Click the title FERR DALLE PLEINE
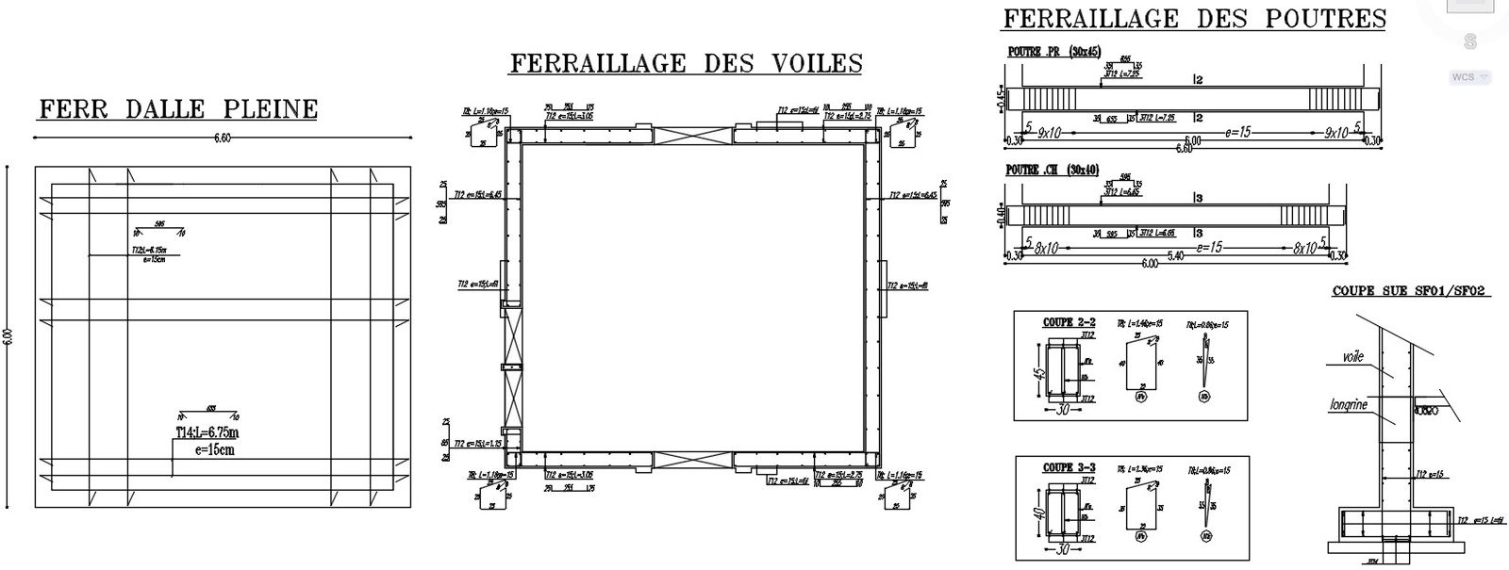pos(177,110)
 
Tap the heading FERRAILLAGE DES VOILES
pos(686,63)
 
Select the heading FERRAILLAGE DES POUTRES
pos(1194,19)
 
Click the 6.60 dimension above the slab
pos(223,138)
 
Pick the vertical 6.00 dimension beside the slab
pos(8,336)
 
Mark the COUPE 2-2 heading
pos(1069,322)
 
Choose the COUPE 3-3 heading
pos(1069,467)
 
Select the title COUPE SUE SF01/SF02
pos(1409,292)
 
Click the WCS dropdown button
pos(1470,77)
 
